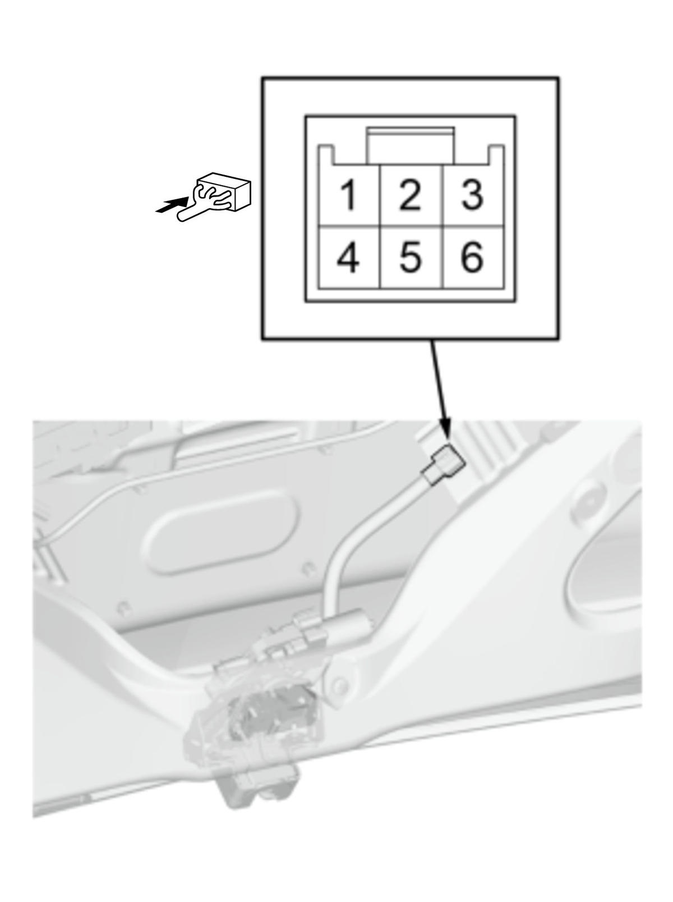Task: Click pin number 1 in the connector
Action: click(x=348, y=195)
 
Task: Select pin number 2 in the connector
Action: click(x=411, y=195)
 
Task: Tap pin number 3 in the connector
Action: click(x=473, y=195)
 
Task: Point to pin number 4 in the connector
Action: click(x=348, y=257)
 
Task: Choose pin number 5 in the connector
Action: click(x=411, y=257)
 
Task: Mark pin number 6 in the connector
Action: click(x=473, y=257)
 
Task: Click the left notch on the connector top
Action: click(x=328, y=155)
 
